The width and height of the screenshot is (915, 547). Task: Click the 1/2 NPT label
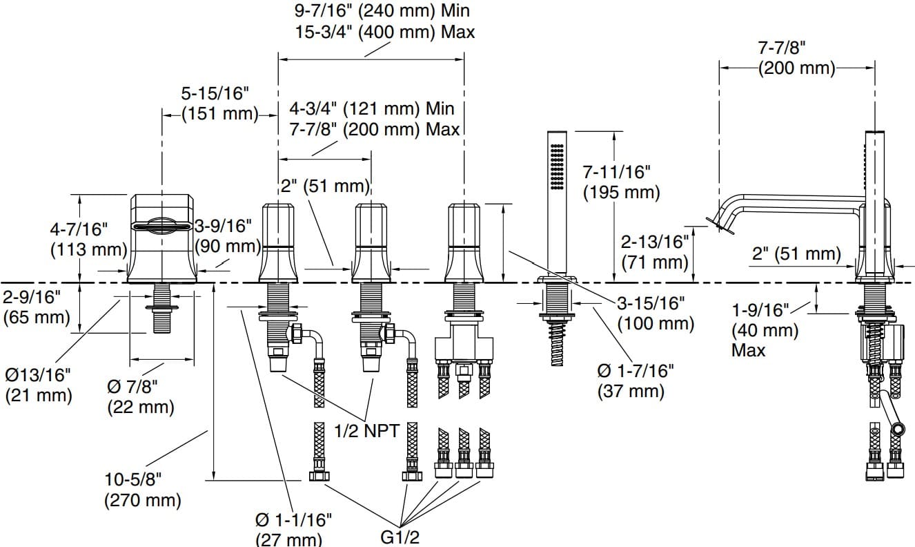tap(366, 430)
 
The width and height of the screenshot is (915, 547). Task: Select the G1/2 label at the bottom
tap(400, 537)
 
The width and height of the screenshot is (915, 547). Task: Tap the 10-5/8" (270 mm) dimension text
tap(143, 490)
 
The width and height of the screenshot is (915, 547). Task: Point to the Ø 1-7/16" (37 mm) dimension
tap(636, 381)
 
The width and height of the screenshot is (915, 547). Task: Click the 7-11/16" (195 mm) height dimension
tap(621, 182)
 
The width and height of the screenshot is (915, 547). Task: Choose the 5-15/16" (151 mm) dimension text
tap(219, 104)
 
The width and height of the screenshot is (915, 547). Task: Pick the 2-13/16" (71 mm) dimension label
tap(655, 252)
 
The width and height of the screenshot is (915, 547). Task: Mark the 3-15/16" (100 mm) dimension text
tap(656, 314)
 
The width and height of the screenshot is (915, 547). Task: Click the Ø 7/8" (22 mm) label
tap(141, 396)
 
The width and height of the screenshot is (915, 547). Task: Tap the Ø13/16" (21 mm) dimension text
tap(39, 385)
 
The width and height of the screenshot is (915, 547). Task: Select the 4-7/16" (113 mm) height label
tap(88, 240)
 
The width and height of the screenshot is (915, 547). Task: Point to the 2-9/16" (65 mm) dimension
tap(37, 307)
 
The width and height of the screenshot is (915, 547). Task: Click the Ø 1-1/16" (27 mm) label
tap(293, 530)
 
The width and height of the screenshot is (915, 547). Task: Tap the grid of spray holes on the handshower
tap(557, 166)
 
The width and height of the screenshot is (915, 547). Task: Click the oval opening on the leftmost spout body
tap(162, 226)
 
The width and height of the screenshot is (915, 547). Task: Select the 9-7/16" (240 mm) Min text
tap(382, 10)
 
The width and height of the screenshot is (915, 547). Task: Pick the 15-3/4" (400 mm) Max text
tap(385, 32)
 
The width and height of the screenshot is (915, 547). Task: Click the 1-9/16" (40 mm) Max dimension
tap(765, 330)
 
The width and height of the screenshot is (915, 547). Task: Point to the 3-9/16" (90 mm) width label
tap(228, 236)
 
